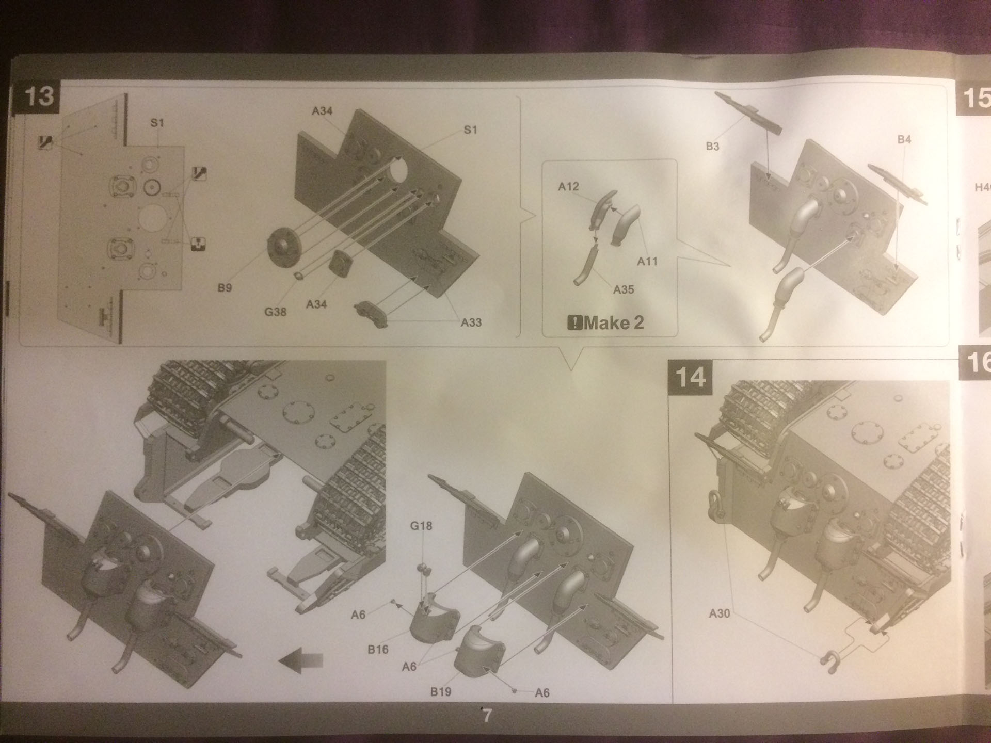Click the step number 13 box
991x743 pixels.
point(39,97)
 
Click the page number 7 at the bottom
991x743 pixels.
point(487,716)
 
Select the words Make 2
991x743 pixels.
point(614,324)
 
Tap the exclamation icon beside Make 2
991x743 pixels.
point(574,324)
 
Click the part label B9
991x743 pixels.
point(225,288)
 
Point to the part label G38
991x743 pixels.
point(275,312)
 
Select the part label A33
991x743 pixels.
point(471,323)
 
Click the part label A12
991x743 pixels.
point(568,187)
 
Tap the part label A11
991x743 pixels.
point(647,262)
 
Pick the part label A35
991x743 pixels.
point(623,290)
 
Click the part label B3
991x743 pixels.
point(712,147)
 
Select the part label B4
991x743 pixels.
point(904,139)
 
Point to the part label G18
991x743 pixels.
point(421,526)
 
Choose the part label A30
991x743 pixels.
point(720,613)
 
